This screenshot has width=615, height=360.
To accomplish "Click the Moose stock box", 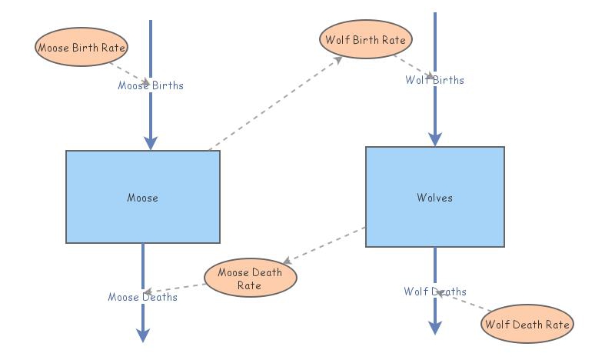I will click(143, 197).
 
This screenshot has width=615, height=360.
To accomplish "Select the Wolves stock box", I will click(434, 197).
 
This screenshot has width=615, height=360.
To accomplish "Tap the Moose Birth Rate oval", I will click(81, 47).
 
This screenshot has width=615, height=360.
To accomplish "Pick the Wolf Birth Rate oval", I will click(366, 39).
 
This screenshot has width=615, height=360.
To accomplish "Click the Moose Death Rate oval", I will click(250, 278).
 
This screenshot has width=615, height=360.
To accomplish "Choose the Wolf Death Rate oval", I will click(527, 325).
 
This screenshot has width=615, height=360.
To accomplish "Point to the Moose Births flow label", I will click(151, 85).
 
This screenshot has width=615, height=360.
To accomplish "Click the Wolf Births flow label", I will click(435, 79).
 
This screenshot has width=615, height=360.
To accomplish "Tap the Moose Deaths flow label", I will click(143, 297).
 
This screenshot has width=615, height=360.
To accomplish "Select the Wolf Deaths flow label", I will click(435, 292).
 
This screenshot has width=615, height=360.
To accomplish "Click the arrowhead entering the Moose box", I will click(151, 142).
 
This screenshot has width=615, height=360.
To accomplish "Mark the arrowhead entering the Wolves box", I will click(435, 139).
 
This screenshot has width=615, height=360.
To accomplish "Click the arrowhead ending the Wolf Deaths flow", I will click(435, 328).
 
